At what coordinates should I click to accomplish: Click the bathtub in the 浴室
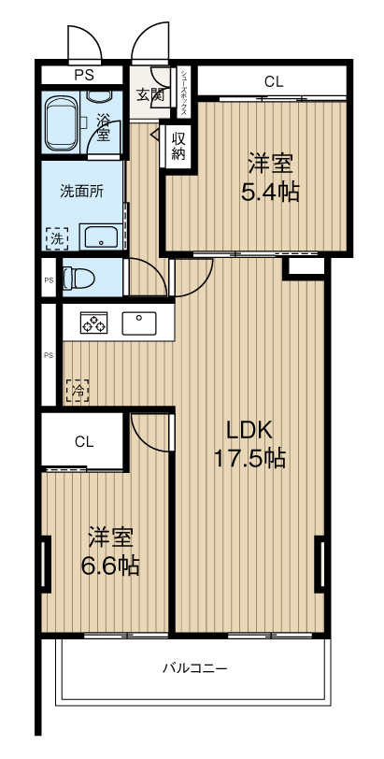[x=62, y=122]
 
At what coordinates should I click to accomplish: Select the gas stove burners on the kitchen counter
[x=93, y=322]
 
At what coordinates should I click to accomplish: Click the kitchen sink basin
[x=139, y=322]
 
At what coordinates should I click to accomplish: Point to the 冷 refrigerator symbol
[x=77, y=390]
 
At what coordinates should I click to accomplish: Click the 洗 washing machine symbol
[x=57, y=238]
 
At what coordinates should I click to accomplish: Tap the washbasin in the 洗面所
[x=101, y=236]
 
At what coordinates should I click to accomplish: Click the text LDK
[x=250, y=430]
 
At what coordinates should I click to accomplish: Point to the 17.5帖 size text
[x=250, y=457]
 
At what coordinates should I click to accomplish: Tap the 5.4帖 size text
[x=270, y=193]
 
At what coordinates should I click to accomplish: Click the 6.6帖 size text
[x=110, y=565]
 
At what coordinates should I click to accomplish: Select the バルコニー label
[x=194, y=669]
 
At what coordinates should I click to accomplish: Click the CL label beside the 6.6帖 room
[x=84, y=441]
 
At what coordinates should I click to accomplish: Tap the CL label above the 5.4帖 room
[x=273, y=82]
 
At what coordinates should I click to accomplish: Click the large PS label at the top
[x=83, y=75]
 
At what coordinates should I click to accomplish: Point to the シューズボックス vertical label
[x=184, y=93]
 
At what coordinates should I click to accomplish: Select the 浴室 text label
[x=102, y=126]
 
